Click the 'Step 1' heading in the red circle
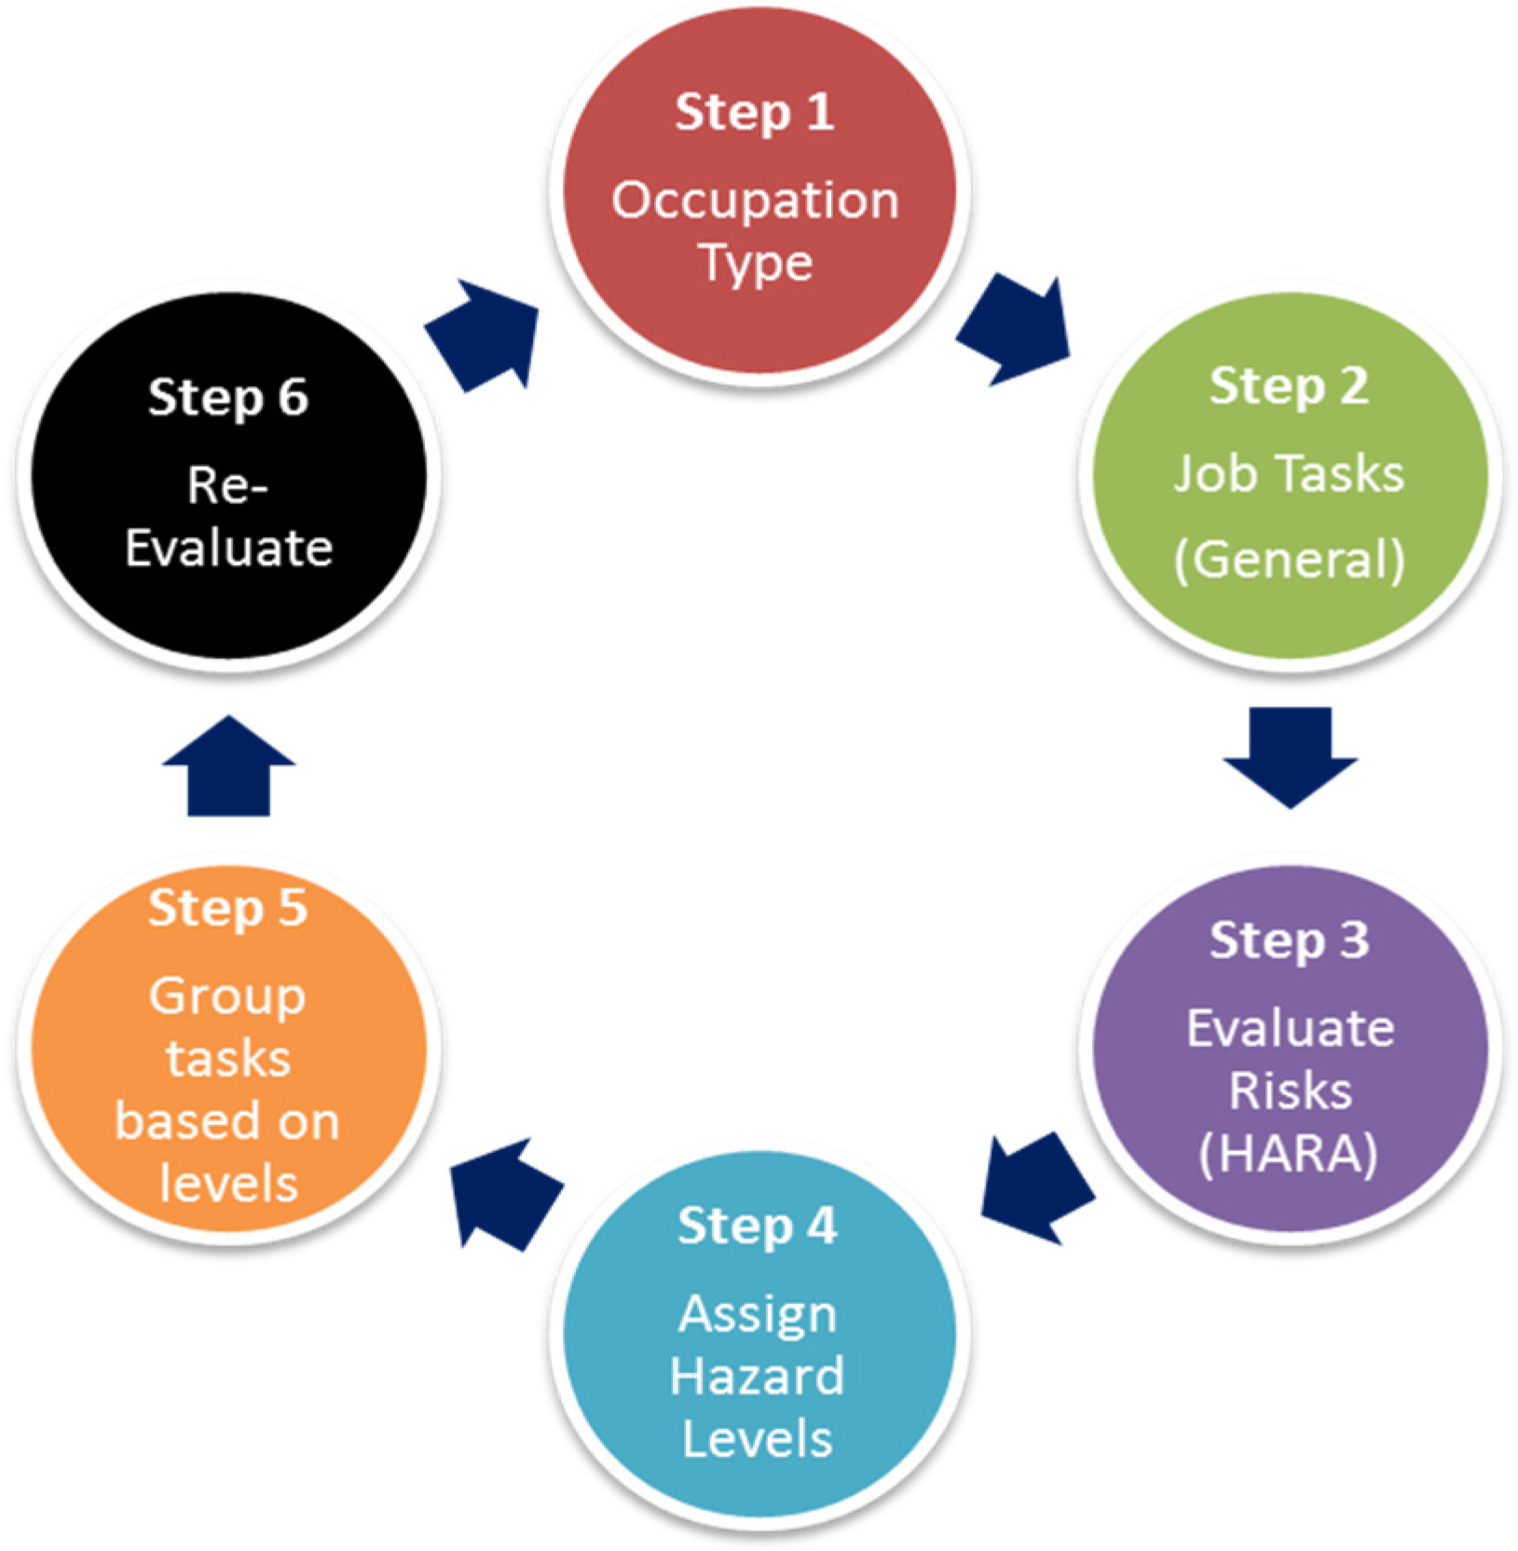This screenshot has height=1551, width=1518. click(754, 112)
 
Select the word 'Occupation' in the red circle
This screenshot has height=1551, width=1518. click(755, 199)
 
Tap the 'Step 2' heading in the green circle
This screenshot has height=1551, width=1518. click(1288, 386)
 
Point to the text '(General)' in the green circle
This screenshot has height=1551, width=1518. click(1289, 559)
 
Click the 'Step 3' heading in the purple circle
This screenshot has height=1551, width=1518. click(1289, 940)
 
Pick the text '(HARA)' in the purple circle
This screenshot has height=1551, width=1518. click(1289, 1154)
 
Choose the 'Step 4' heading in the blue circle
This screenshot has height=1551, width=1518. click(757, 1225)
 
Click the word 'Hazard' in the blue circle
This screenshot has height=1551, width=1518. click(757, 1376)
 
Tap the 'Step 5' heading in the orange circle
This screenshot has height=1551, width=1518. click(227, 908)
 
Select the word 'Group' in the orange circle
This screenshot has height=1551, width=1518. click(227, 995)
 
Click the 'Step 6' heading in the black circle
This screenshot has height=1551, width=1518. click(227, 397)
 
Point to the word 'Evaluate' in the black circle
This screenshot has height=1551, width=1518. click(228, 547)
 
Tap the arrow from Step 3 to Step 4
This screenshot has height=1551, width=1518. click(1036, 1187)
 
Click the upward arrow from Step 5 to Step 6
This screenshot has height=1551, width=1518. click(228, 769)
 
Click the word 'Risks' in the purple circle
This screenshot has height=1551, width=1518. click(1289, 1091)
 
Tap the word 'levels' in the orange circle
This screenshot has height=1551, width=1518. click(228, 1184)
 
